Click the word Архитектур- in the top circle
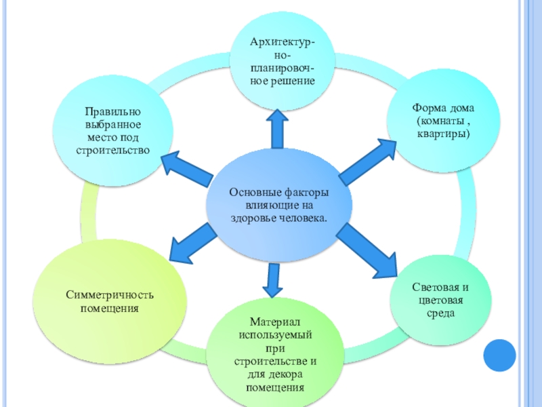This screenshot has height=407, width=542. [283, 42]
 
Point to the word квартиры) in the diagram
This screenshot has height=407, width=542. [444, 134]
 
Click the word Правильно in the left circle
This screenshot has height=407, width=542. [112, 112]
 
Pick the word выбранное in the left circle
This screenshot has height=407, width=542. [112, 125]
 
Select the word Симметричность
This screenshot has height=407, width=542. [110, 295]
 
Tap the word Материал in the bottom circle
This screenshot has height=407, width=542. [275, 322]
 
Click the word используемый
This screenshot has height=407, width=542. [275, 335]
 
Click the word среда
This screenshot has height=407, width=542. [440, 313]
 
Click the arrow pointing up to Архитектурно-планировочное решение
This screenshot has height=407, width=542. [277, 129]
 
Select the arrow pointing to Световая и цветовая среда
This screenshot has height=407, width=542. [367, 251]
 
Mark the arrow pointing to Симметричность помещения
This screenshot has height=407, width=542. [193, 244]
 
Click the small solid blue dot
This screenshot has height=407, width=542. [499, 355]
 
